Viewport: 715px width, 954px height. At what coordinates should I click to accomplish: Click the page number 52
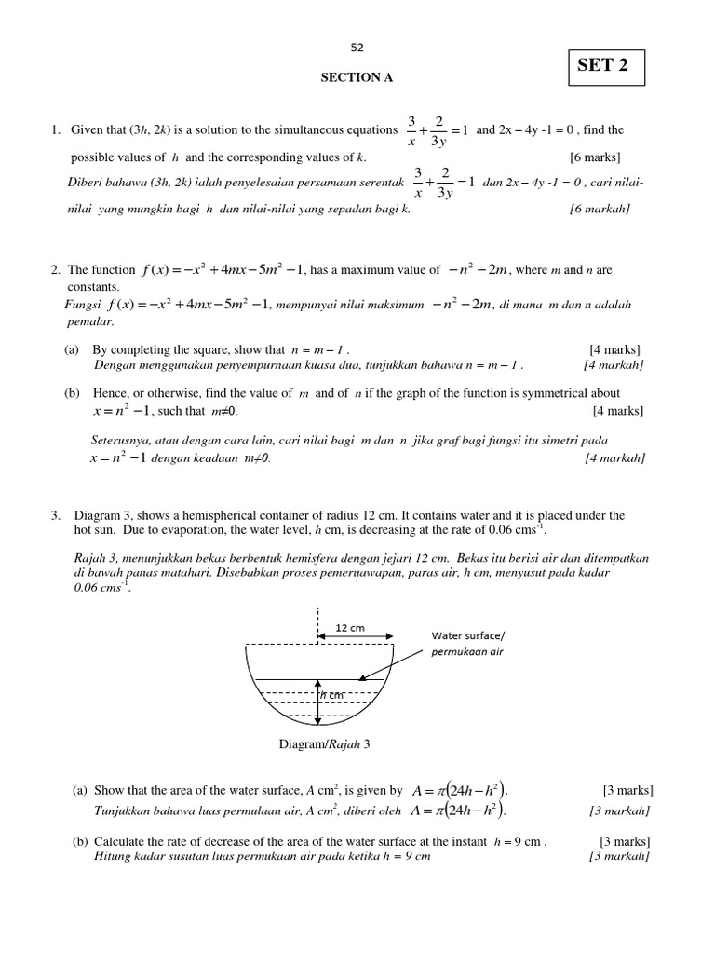tap(357, 48)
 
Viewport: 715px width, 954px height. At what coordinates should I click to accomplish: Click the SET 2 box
tap(604, 66)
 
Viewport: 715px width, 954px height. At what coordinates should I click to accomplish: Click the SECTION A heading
tap(357, 78)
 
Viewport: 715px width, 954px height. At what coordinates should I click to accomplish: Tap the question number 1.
tap(56, 130)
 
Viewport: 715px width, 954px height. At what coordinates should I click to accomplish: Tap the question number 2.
tap(56, 270)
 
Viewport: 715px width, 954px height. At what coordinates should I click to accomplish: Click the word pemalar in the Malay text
tap(90, 321)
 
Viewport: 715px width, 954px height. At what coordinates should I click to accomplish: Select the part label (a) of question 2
tap(72, 349)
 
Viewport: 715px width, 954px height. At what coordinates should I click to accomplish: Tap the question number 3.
tap(56, 515)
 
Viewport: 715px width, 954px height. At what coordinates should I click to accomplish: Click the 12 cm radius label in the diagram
tap(350, 628)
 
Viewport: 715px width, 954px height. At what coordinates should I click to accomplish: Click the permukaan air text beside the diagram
tap(466, 652)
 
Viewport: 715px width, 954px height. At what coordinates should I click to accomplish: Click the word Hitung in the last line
tap(112, 856)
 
